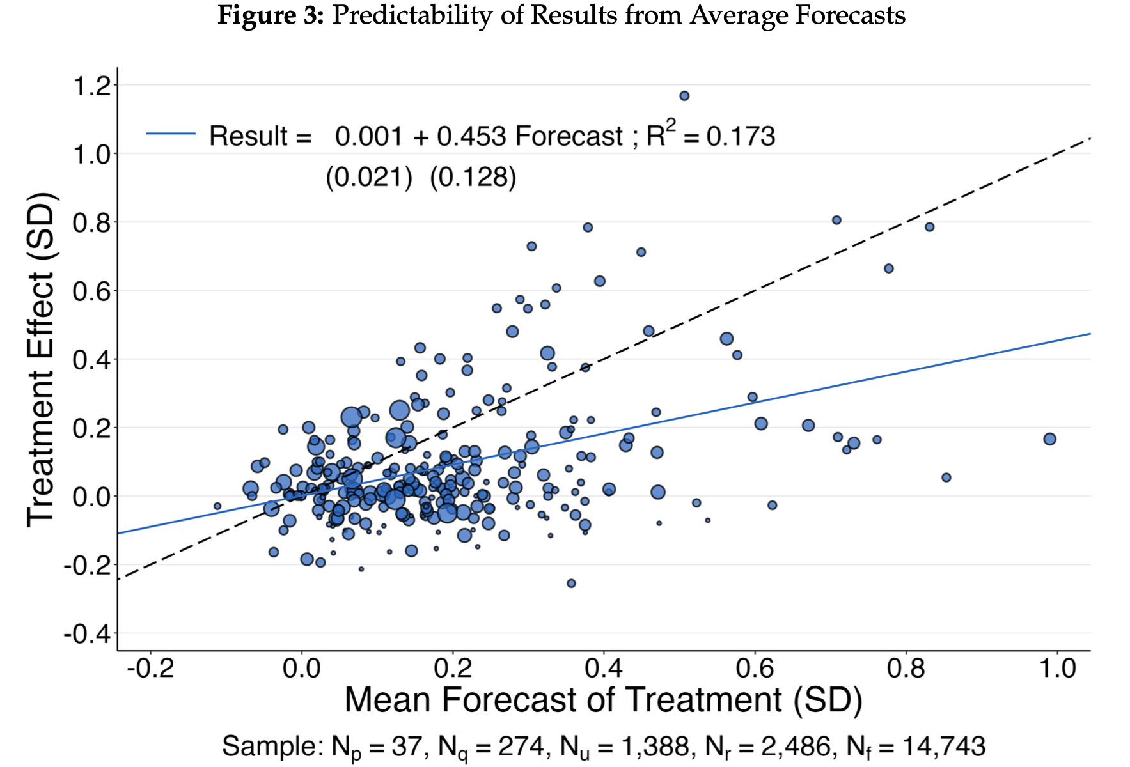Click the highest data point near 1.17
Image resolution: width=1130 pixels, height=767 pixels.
pyautogui.click(x=684, y=96)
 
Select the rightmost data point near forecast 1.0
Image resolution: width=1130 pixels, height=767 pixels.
pyautogui.click(x=1049, y=439)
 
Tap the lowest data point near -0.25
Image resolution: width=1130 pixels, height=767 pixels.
pyautogui.click(x=571, y=584)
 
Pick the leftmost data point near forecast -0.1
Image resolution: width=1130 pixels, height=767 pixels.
pyautogui.click(x=217, y=506)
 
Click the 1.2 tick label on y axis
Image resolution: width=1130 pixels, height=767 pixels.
pyautogui.click(x=93, y=86)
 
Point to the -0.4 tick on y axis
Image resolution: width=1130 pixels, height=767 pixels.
pyautogui.click(x=88, y=634)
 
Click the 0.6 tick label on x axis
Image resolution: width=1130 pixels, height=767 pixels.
pyautogui.click(x=755, y=669)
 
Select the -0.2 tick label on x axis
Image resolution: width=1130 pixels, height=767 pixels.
pyautogui.click(x=150, y=669)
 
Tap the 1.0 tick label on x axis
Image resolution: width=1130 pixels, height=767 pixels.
pyautogui.click(x=1058, y=669)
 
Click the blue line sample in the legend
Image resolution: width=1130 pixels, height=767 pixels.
pyautogui.click(x=171, y=134)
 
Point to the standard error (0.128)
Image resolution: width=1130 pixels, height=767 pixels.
pyautogui.click(x=473, y=177)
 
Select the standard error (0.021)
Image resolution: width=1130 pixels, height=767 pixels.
pyautogui.click(x=369, y=177)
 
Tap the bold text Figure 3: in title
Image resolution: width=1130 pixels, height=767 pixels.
pyautogui.click(x=271, y=15)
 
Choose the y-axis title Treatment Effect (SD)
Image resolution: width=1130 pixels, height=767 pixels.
pyautogui.click(x=41, y=359)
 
